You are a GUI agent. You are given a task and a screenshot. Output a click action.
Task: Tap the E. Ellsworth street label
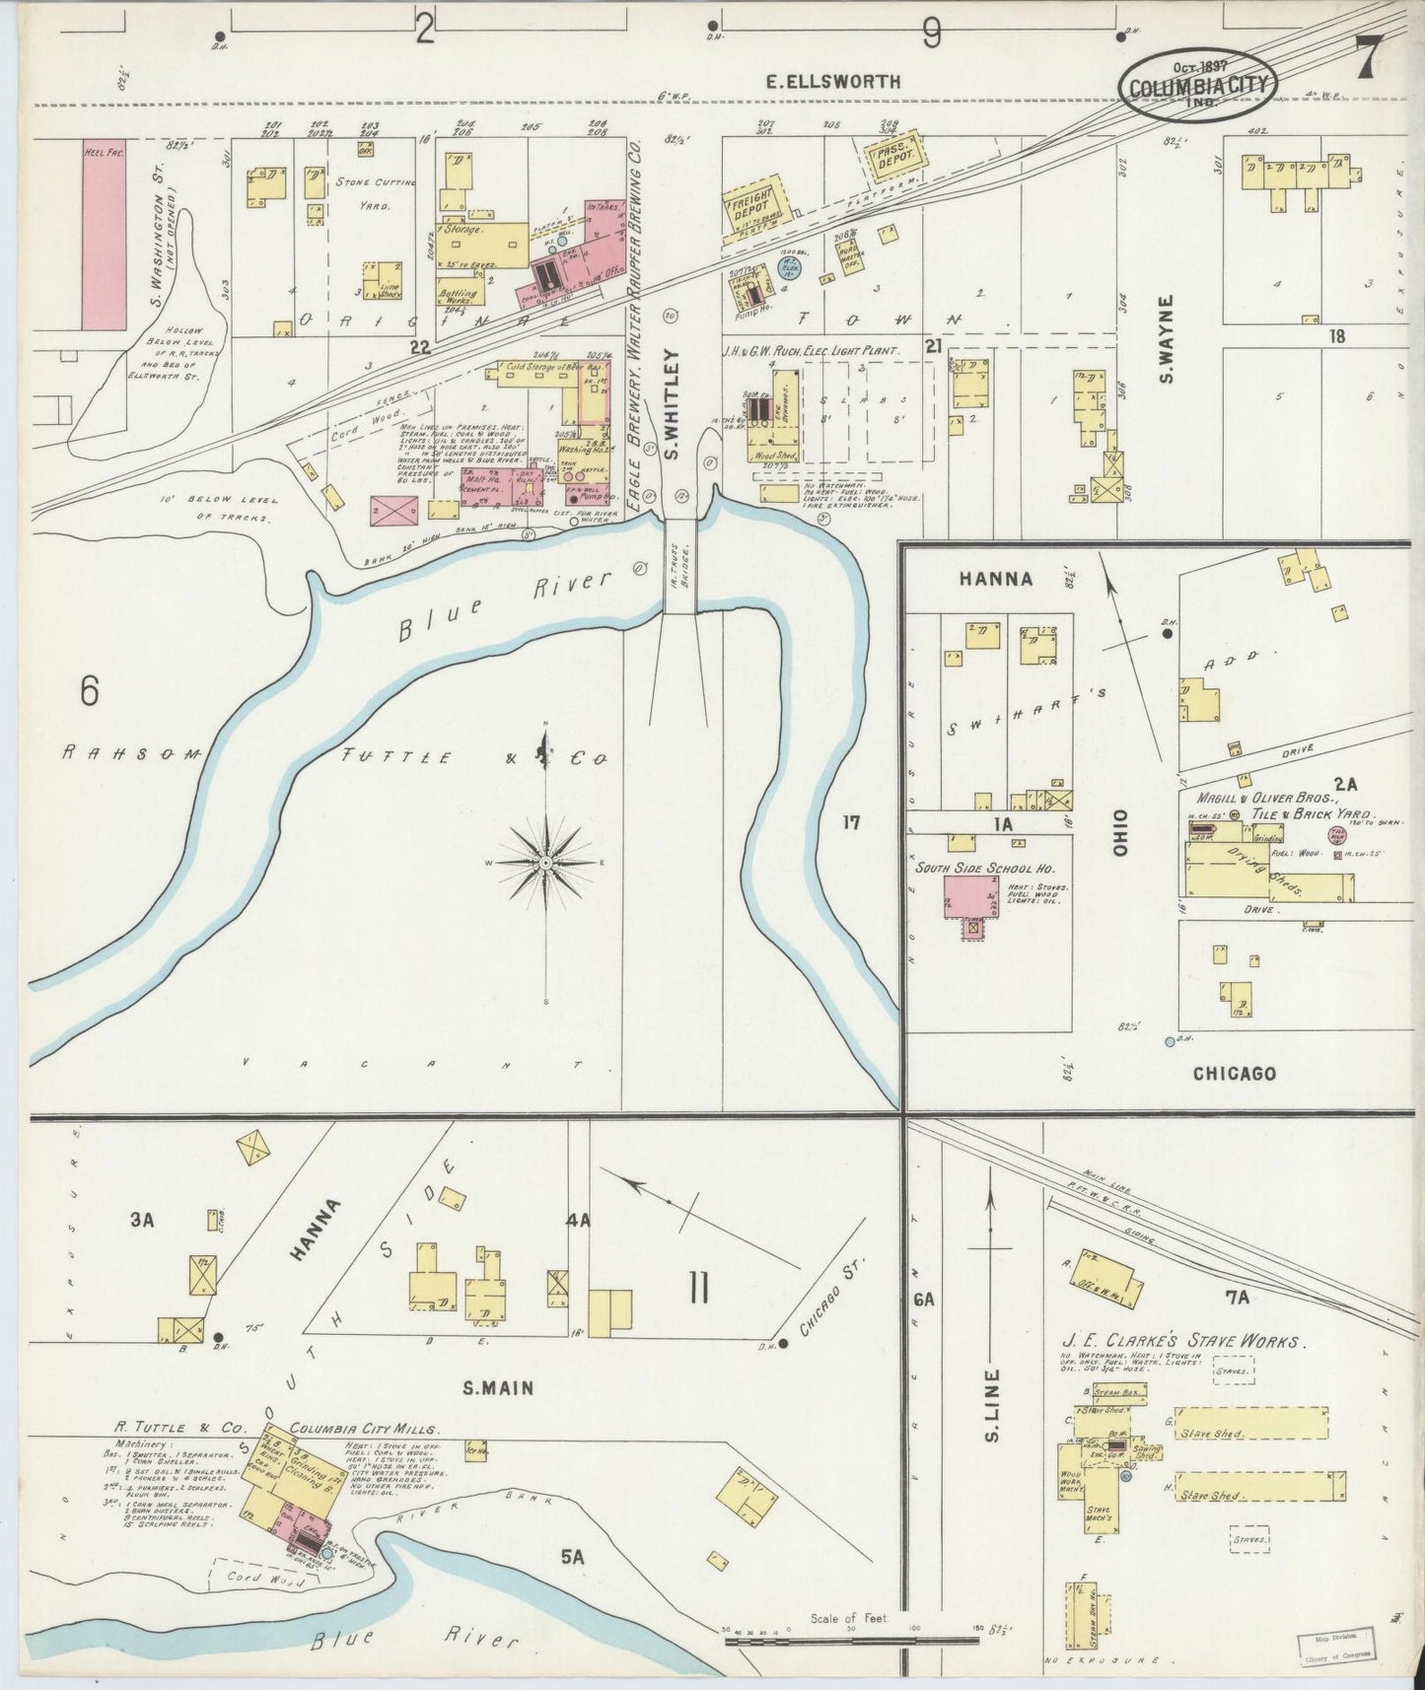pyautogui.click(x=833, y=82)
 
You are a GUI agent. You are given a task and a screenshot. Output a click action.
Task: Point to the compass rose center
pyautogui.click(x=545, y=862)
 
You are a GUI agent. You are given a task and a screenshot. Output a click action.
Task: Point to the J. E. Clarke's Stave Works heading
pyautogui.click(x=1183, y=1342)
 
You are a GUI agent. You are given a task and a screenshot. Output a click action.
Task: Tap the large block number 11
pyautogui.click(x=698, y=1288)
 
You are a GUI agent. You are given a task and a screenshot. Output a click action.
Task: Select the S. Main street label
pyautogui.click(x=498, y=1387)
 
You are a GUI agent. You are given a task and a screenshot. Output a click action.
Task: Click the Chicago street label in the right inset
pyautogui.click(x=1234, y=1073)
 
